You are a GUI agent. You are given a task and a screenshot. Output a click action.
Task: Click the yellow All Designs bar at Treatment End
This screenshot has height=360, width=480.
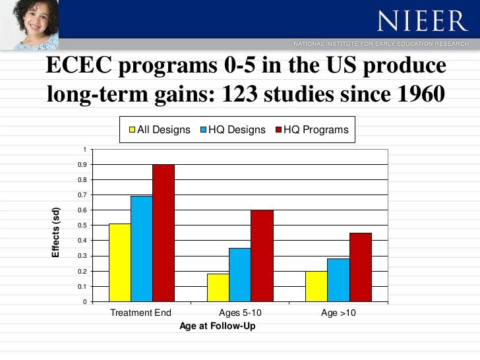(119, 262)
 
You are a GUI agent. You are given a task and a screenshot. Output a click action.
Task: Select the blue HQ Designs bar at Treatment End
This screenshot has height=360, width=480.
(141, 249)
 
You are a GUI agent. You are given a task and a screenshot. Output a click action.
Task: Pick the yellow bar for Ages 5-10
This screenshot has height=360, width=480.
(218, 287)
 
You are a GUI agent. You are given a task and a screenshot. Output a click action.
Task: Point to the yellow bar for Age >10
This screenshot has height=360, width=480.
(316, 286)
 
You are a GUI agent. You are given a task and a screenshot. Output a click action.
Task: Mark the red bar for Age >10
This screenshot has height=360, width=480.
(360, 267)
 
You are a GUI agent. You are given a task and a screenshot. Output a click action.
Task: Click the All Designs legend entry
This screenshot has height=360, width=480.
(158, 130)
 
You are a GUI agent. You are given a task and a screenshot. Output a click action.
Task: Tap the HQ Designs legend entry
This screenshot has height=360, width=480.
(231, 130)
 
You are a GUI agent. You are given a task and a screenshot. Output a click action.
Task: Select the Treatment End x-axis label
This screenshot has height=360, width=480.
(140, 313)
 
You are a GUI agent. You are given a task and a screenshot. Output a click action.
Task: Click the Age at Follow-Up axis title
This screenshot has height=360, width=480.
(217, 326)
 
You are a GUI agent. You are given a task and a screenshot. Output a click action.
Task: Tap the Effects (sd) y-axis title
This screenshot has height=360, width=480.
(57, 233)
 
